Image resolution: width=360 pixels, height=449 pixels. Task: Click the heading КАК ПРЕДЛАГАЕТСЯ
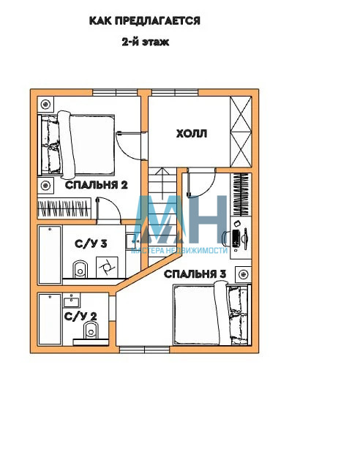[x=145, y=21]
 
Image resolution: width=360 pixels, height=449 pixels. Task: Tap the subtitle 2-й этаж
[x=146, y=42]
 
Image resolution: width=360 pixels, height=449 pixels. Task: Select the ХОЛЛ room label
[x=192, y=134]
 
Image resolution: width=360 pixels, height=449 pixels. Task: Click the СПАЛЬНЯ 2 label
[x=97, y=185]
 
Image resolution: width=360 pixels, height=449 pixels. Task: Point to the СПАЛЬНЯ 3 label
[x=195, y=274]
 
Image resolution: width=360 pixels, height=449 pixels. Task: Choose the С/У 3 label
[x=91, y=244]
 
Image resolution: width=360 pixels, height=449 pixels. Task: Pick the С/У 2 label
[x=80, y=317]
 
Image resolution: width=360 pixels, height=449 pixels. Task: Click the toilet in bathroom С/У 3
[x=80, y=269]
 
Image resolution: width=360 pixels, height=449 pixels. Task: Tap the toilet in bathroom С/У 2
[x=91, y=330]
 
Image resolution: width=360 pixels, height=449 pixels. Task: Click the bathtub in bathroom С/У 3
[x=50, y=255]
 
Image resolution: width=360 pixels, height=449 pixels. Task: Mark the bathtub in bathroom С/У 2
[x=50, y=319]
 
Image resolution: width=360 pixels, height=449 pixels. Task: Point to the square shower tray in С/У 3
[x=107, y=267]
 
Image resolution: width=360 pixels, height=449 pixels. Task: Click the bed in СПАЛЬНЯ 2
[x=77, y=145]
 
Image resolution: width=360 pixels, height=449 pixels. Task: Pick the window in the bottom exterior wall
[x=144, y=350]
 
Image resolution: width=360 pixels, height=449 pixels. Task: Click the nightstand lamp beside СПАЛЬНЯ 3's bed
[x=244, y=275]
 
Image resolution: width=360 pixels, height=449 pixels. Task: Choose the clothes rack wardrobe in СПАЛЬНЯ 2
[x=64, y=208]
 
